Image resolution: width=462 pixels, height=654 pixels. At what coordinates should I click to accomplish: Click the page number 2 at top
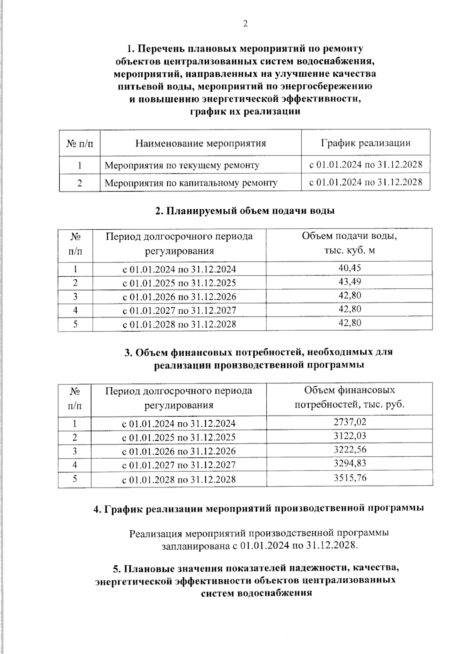245,24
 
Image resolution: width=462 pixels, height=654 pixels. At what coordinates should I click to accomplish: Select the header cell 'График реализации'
365,143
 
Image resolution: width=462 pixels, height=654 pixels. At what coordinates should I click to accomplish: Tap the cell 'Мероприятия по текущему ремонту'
182,165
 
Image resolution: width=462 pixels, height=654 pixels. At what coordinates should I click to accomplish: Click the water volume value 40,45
350,268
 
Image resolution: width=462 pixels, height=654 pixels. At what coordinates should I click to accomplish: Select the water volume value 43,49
350,282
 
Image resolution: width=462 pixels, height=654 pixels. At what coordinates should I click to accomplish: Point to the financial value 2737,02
350,422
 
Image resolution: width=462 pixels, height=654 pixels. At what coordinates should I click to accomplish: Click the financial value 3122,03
350,436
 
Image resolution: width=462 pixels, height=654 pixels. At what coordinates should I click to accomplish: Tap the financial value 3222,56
350,450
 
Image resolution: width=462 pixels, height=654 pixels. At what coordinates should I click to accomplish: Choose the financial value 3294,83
350,464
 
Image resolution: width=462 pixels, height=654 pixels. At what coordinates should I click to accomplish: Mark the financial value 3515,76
350,478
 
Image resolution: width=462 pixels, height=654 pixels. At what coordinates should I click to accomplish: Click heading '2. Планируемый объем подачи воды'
244,211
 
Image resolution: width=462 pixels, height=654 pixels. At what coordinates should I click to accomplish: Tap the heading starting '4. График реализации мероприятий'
259,508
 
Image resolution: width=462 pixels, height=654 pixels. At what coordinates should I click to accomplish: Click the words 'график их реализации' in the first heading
245,112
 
